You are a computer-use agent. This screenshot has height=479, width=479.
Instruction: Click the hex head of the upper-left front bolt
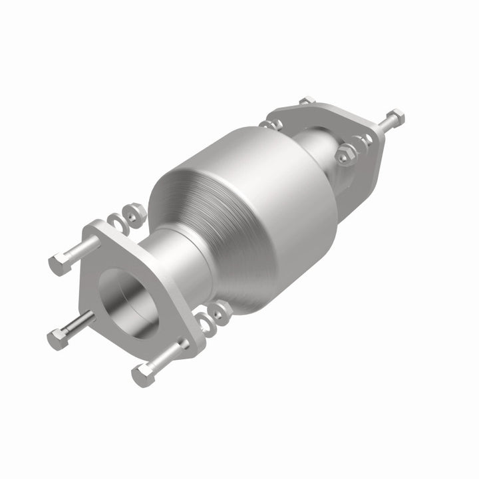tap(59, 263)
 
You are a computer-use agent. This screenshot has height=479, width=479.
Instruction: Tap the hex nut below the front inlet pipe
tap(219, 309)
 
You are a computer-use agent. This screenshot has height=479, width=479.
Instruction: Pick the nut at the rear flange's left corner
tap(271, 124)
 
